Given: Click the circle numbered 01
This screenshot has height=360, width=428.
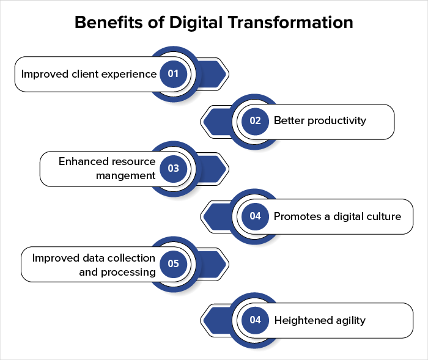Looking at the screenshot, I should coord(173,74).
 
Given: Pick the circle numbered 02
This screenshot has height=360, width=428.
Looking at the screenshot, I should coord(255,120).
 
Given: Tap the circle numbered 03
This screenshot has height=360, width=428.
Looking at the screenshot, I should coord(173,168).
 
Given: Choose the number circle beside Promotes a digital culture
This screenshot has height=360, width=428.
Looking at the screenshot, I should coord(255,216).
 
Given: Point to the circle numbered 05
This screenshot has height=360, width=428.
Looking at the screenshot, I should coord(173,263).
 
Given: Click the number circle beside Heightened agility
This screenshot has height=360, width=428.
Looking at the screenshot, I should coord(255,320).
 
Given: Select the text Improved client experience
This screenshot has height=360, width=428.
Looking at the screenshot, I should coord(89,74).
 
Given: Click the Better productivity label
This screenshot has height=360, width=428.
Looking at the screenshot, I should coord(320,120).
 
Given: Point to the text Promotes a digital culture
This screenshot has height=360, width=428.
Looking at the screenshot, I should coord(337,216).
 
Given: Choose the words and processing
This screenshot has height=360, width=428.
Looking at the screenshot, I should coord(117,271).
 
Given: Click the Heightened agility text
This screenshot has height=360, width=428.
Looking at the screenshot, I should coord(320,320).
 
